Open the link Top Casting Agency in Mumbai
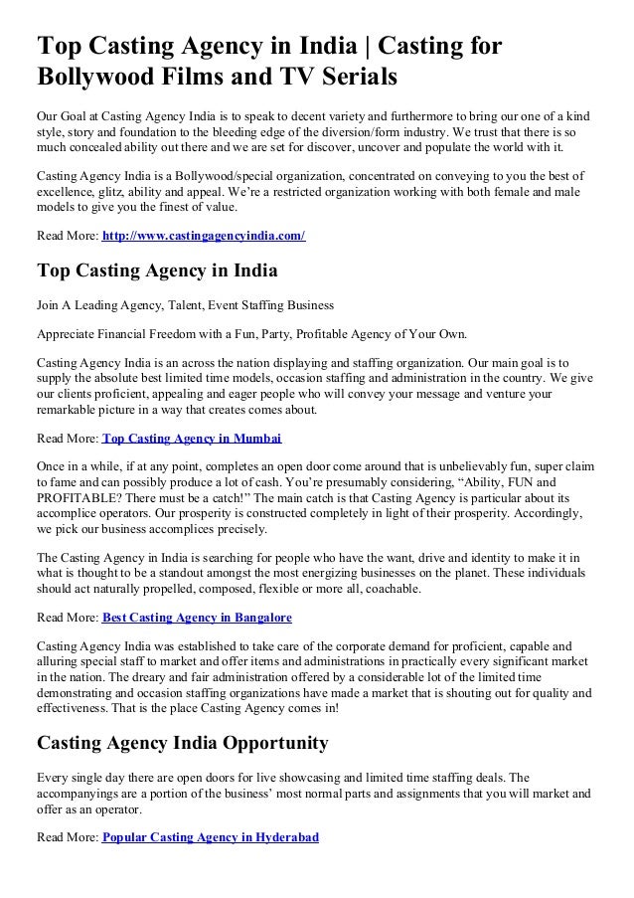(x=192, y=438)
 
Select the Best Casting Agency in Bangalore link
(x=197, y=618)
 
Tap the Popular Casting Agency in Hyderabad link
(x=210, y=837)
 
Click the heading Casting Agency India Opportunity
(x=182, y=743)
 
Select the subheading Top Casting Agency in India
(x=156, y=270)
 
